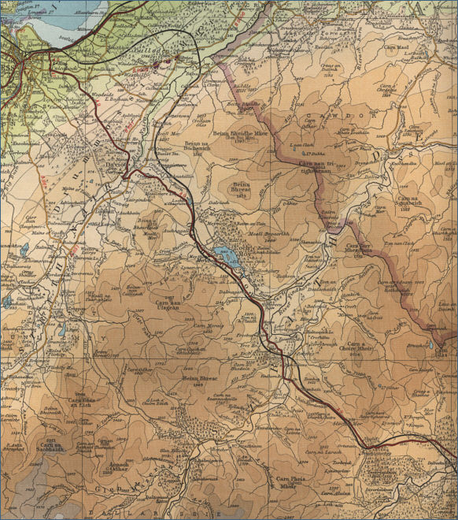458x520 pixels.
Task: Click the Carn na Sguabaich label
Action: (416, 202)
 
